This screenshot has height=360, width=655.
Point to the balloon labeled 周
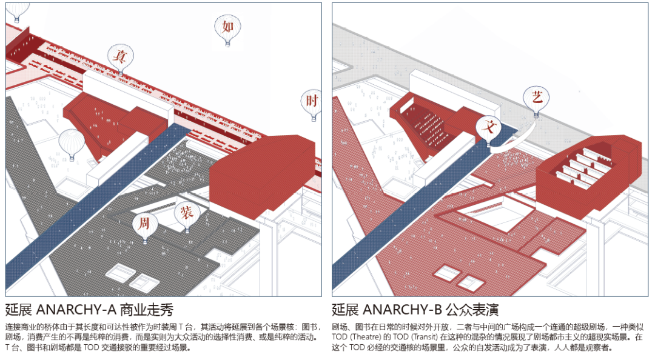[144, 224]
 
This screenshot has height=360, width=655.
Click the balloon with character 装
[187, 214]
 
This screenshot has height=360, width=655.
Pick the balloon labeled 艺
[537, 98]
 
